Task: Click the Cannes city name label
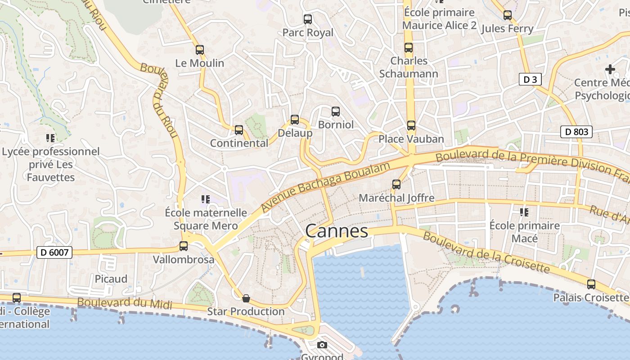[x=337, y=231]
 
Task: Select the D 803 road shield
[x=576, y=132]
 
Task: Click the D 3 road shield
[x=530, y=80]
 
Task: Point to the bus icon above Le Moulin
[x=200, y=50]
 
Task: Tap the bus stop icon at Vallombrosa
[x=184, y=246]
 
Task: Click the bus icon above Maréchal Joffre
[x=396, y=184]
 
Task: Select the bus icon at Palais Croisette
[x=591, y=284]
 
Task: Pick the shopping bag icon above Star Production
[x=246, y=298]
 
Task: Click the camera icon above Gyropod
[x=322, y=345]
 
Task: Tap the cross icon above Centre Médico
[x=610, y=69]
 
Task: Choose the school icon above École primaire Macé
[x=524, y=211]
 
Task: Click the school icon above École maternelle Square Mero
[x=206, y=199]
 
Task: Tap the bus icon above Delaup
[x=295, y=120]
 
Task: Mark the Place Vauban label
[x=411, y=139]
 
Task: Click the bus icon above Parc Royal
[x=308, y=19]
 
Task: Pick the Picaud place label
[x=111, y=279]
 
